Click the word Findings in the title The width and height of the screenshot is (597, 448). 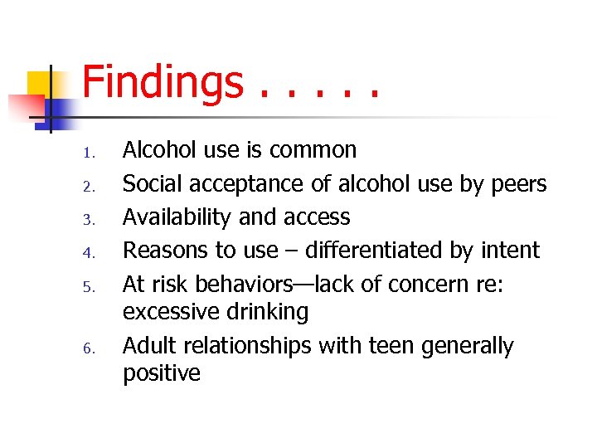pos(163,84)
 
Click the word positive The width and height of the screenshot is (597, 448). pos(162,373)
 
